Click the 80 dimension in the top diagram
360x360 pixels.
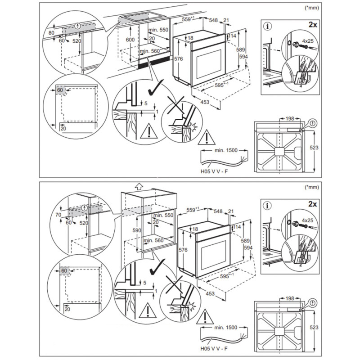point(52,33)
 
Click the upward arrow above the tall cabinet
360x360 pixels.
point(139,185)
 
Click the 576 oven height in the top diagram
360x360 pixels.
point(179,59)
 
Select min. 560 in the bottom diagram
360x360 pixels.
point(153,241)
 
